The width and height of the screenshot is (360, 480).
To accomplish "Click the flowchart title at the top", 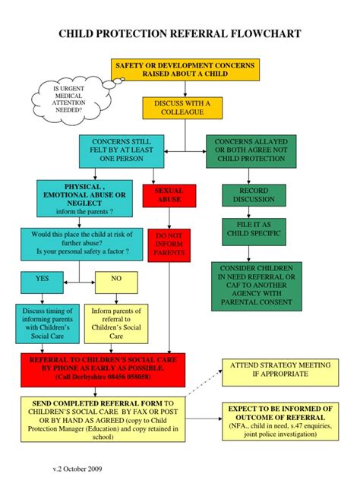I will [180, 34].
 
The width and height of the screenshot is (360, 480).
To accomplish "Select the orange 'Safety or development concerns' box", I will [185, 71].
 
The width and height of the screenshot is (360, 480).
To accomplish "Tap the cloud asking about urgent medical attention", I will [69, 99].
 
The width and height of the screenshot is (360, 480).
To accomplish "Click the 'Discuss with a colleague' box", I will [175, 108].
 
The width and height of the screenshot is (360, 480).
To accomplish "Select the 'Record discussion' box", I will [254, 195].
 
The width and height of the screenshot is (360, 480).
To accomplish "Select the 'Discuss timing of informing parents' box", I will [47, 322].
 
